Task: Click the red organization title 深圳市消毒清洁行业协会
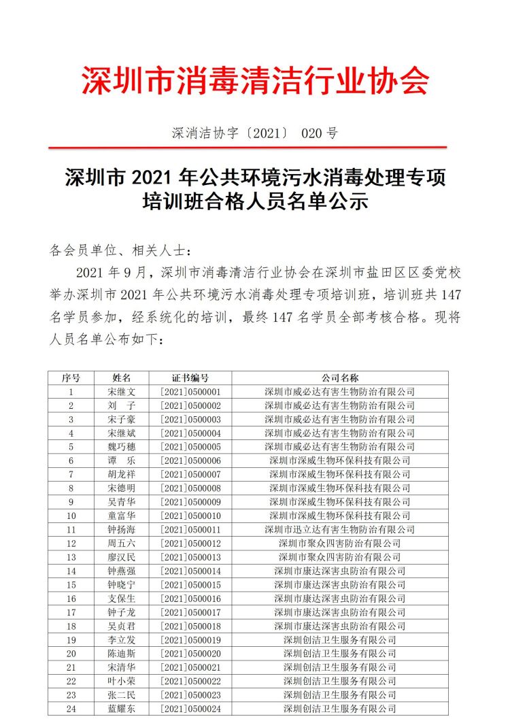255,81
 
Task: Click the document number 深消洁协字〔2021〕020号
255,133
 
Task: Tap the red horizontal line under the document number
255,147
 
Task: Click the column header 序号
71,378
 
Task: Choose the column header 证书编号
190,378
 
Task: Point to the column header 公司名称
339,378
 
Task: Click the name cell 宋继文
122,392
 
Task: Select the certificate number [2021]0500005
190,447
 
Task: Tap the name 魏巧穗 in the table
122,447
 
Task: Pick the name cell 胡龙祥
122,474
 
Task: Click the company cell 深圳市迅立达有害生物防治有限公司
339,529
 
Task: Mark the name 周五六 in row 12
122,543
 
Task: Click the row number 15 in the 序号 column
71,584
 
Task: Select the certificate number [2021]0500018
190,626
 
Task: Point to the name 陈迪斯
122,653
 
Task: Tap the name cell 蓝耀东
122,708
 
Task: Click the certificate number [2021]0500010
190,516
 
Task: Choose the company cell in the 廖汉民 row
339,557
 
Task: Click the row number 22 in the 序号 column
71,681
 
